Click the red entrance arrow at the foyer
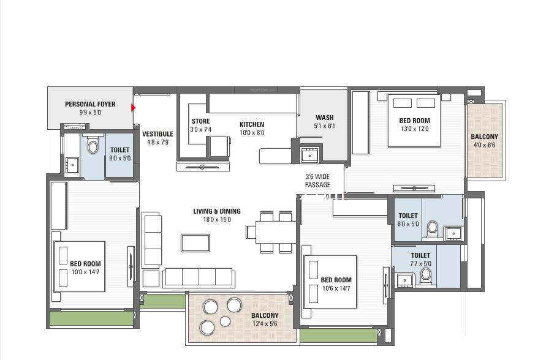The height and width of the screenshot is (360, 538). click(x=133, y=108)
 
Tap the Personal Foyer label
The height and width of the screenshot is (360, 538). click(x=90, y=104)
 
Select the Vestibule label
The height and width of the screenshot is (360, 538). click(x=158, y=133)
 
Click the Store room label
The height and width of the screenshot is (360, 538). click(x=201, y=121)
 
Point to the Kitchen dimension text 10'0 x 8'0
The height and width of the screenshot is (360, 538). click(x=252, y=133)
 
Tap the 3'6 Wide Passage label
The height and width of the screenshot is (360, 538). click(x=318, y=181)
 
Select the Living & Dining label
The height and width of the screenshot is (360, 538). click(x=217, y=211)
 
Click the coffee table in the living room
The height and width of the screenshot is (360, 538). click(x=195, y=242)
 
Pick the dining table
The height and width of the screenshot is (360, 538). click(x=276, y=232)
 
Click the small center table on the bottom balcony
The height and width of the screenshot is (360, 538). click(x=225, y=321)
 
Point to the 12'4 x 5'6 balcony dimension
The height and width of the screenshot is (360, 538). click(x=265, y=324)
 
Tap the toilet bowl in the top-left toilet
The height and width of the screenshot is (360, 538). click(x=93, y=145)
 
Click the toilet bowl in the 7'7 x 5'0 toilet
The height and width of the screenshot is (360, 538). click(x=426, y=276)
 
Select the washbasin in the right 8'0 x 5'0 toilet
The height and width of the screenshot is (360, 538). click(x=453, y=233)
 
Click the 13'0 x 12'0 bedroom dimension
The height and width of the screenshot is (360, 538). click(x=414, y=129)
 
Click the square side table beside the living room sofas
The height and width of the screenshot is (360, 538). click(x=151, y=279)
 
